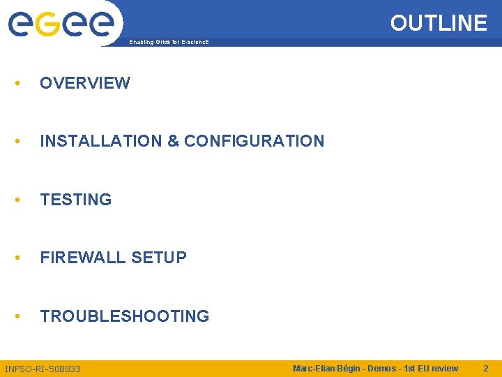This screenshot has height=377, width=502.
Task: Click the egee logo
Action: (61, 23)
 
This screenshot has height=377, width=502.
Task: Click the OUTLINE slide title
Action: (439, 23)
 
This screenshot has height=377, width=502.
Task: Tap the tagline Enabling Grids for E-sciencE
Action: (169, 43)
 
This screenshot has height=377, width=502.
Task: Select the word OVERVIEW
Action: (85, 83)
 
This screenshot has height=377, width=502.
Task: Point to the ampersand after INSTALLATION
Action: (173, 141)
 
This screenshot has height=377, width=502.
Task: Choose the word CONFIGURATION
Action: (254, 141)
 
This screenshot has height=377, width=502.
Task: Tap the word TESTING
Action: (76, 200)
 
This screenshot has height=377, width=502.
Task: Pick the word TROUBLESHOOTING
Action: (125, 316)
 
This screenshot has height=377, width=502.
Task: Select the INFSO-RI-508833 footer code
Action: (43, 369)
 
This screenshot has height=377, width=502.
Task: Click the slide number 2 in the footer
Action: (486, 368)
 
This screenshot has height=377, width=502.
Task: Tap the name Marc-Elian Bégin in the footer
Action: (325, 368)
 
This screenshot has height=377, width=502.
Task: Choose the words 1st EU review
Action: (432, 368)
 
